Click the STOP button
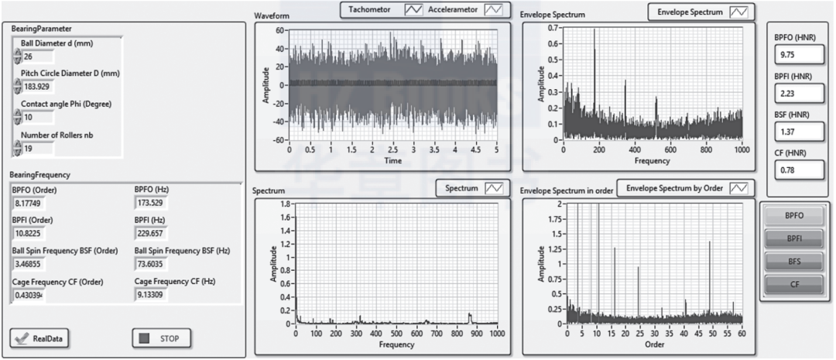point(161,338)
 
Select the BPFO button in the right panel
point(794,215)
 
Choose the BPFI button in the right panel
point(794,238)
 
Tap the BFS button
point(794,262)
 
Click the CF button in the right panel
point(794,285)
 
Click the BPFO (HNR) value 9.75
point(797,54)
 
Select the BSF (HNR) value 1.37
point(797,132)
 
